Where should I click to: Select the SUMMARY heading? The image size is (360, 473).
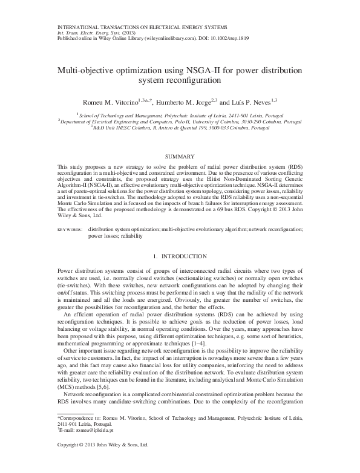[x=179, y=156]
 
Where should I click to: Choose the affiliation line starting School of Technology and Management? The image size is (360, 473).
[x=180, y=114]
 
